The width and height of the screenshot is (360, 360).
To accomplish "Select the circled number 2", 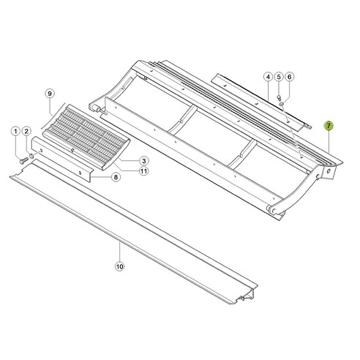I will point(26,131).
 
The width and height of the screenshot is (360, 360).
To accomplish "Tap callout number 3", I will point(144,161).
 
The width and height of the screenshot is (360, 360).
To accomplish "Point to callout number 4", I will point(269,77).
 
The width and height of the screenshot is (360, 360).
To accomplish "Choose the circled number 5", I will point(279,77).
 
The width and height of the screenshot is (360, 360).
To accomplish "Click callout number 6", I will point(289,77).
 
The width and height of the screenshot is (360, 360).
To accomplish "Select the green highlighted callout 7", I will point(329,127).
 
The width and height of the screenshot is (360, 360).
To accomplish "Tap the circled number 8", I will point(116,177).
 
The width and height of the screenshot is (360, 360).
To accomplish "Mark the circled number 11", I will point(145,171).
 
